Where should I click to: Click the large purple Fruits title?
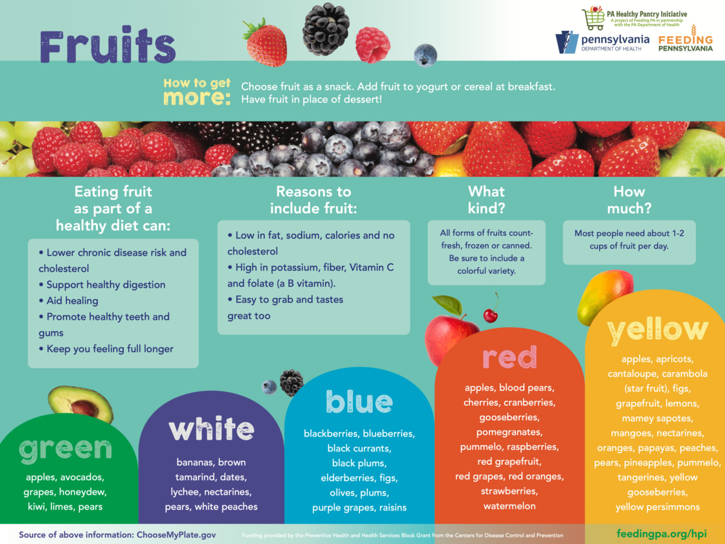tap(108, 45)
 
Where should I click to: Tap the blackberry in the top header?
tap(326, 29)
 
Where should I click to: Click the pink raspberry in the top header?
tap(373, 45)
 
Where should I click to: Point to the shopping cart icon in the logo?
tap(593, 18)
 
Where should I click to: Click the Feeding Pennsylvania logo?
tap(686, 40)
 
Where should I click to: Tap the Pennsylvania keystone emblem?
tap(567, 42)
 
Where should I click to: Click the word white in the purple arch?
tap(211, 429)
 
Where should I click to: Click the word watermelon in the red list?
tap(509, 506)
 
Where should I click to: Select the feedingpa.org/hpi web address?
tap(662, 534)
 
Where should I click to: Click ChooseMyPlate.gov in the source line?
tap(176, 535)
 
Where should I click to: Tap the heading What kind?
tap(486, 200)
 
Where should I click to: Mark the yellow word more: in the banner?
tap(197, 97)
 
